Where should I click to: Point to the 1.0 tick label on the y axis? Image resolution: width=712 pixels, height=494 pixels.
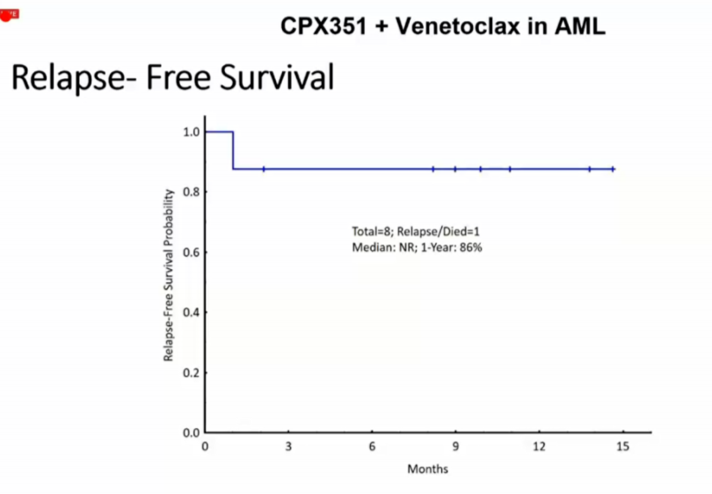pos(191,132)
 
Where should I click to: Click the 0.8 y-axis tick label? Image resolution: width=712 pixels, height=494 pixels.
pos(191,192)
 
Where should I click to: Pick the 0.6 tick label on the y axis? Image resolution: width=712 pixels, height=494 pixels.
pos(191,252)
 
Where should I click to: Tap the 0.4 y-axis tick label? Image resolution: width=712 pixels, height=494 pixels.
pos(191,312)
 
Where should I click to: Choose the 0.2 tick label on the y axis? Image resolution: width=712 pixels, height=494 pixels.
pos(191,373)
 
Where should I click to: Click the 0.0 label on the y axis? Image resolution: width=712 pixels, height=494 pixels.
pos(191,432)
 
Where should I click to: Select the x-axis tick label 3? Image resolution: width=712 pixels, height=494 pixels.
pos(288,447)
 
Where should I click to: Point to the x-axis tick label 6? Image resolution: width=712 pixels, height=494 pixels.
pos(372,447)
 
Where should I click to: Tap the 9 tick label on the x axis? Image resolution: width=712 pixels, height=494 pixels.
pos(455,447)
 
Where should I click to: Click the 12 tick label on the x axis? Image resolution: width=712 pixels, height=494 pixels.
pos(539,447)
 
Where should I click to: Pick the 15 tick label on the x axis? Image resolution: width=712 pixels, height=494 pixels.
pos(622,447)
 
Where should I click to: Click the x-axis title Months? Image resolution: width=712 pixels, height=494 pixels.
pos(428,469)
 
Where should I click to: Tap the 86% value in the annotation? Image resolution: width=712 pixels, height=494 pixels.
pos(470,248)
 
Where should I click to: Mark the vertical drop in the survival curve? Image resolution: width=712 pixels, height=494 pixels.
pos(233,150)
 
